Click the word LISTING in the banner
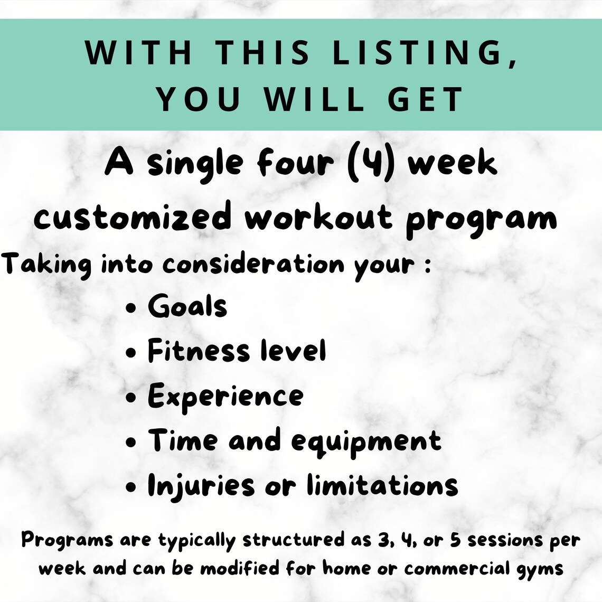click(x=416, y=53)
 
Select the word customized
click(x=133, y=217)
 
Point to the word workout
click(x=319, y=217)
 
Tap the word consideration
click(x=253, y=264)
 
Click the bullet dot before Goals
click(x=131, y=308)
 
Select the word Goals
click(x=187, y=306)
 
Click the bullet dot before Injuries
click(x=131, y=487)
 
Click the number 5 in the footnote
click(x=455, y=540)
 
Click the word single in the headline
click(x=196, y=164)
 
